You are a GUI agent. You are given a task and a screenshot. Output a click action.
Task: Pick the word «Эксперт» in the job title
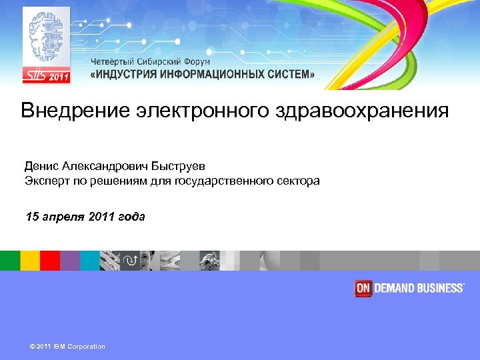click(x=46, y=181)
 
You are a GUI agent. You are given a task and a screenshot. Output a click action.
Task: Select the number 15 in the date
click(x=32, y=216)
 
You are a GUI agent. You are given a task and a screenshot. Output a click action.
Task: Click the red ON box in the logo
click(x=363, y=288)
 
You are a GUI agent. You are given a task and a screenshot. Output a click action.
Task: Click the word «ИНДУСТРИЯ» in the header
click(x=126, y=75)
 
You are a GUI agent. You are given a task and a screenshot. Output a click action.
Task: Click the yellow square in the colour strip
click(x=30, y=261)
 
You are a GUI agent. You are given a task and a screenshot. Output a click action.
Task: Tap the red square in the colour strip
click(x=50, y=261)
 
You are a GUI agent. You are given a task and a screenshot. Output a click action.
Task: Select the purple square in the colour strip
click(x=70, y=261)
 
